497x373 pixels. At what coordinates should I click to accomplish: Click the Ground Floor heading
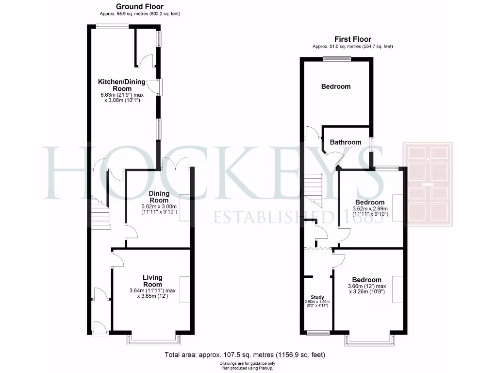(x=140, y=6)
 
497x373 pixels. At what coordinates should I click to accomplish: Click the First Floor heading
(x=352, y=39)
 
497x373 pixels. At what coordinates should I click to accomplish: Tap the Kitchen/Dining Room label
(x=122, y=85)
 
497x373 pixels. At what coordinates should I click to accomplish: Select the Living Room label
(x=152, y=281)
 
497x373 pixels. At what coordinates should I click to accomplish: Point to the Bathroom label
(x=346, y=142)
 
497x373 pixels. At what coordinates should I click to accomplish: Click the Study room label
(x=317, y=297)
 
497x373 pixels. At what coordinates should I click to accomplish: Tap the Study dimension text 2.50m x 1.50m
(x=317, y=302)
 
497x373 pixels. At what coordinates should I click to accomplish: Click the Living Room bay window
(x=153, y=339)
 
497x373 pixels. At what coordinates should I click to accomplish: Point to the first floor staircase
(x=314, y=189)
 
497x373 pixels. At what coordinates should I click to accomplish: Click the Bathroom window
(x=372, y=145)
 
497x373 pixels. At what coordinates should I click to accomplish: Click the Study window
(x=318, y=333)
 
